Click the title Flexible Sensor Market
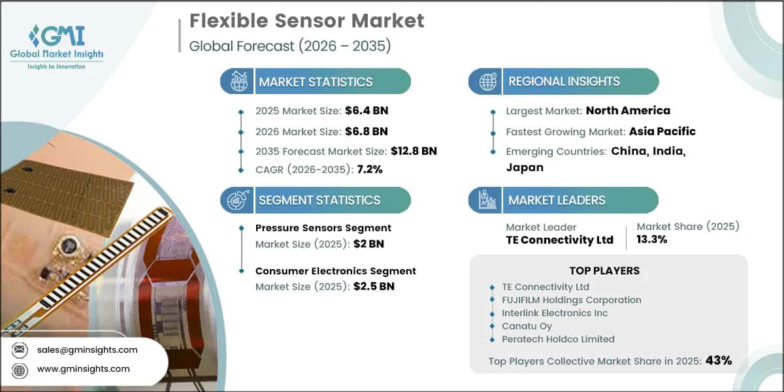click(306, 20)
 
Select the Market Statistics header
click(316, 82)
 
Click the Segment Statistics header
click(319, 200)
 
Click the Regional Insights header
click(564, 82)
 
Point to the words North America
click(628, 110)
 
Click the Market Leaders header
click(557, 200)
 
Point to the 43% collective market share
click(719, 360)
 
